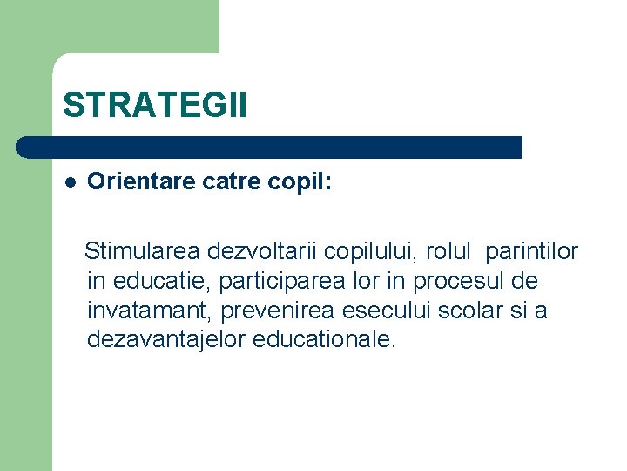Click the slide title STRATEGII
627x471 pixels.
coord(155,105)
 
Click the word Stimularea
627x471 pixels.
coord(143,252)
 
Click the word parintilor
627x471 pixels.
coord(531,252)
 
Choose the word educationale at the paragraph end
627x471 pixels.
coord(324,339)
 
